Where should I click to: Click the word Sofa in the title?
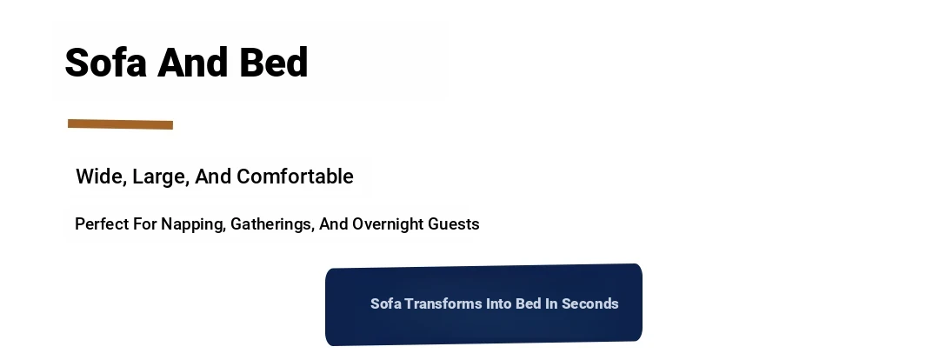(105, 63)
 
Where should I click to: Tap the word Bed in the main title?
(274, 63)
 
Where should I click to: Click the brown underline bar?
(120, 124)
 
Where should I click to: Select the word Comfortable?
(296, 177)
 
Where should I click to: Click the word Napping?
(193, 224)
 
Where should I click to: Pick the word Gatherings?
(272, 224)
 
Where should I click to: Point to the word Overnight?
(388, 224)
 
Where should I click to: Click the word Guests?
(454, 224)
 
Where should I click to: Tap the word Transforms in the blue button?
(443, 303)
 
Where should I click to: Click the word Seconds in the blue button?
(589, 303)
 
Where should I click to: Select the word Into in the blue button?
(499, 303)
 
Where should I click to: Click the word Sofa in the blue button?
(386, 303)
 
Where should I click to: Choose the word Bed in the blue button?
(529, 303)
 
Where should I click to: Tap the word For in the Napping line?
(145, 224)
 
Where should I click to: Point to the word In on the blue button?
(551, 303)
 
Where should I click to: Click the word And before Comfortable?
(213, 177)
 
